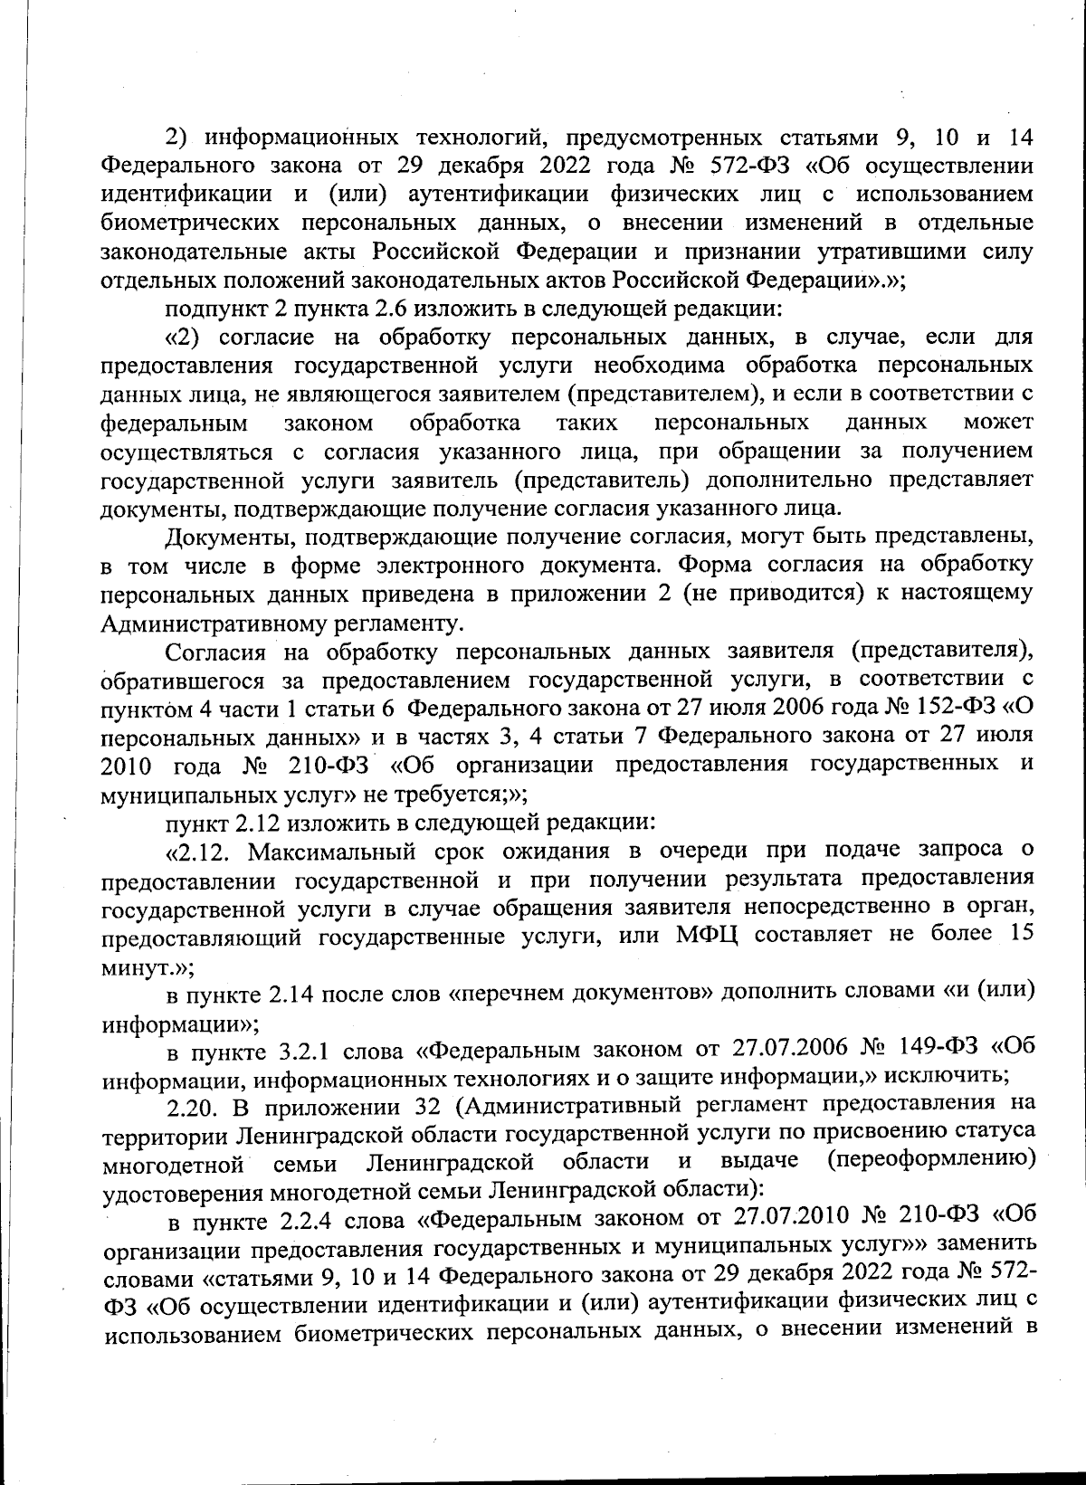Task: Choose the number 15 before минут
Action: [x=1019, y=934]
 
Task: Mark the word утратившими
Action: [x=879, y=252]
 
